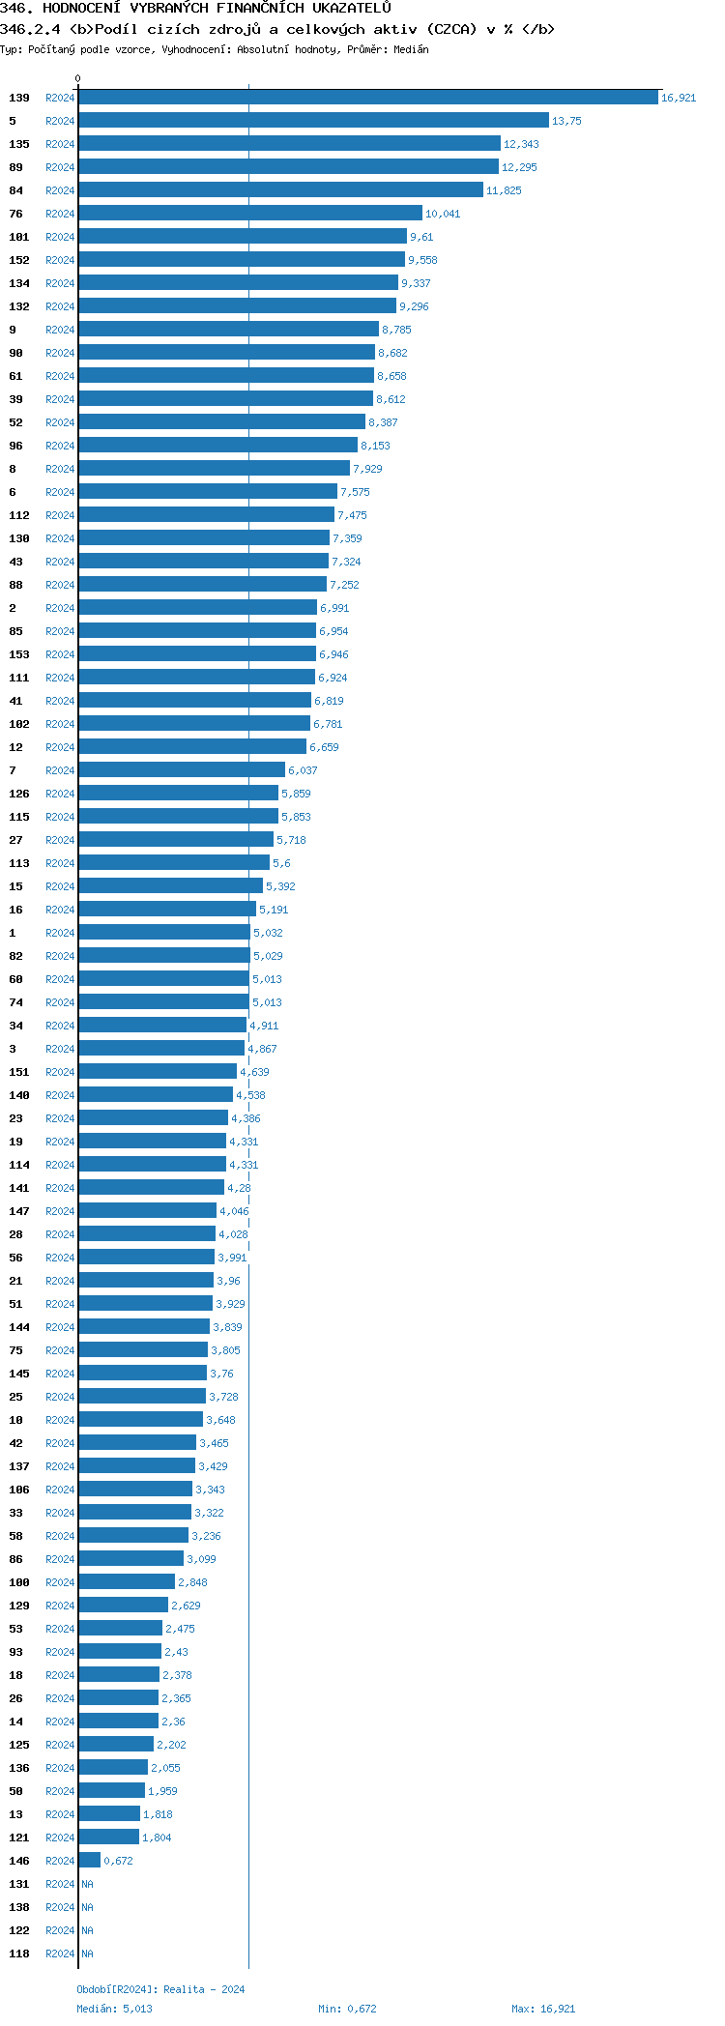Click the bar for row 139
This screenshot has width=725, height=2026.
(367, 98)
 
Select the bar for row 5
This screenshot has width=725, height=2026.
(313, 121)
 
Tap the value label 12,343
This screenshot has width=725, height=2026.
(521, 144)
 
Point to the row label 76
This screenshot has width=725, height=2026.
(15, 214)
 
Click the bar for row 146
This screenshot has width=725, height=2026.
(89, 1861)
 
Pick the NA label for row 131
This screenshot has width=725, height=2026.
(87, 1884)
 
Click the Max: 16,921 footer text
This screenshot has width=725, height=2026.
(543, 2009)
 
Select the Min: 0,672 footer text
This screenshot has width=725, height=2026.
(347, 2009)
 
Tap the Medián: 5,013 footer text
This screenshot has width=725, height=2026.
(114, 2009)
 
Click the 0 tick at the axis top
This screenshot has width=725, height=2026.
(78, 78)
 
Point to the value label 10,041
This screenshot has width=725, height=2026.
(443, 214)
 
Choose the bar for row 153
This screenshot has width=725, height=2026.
(197, 654)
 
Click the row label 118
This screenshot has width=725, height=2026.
(19, 1954)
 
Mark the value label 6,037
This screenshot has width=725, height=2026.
(303, 770)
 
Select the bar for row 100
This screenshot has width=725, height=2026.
(127, 1582)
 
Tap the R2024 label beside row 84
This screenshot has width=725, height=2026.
(60, 190)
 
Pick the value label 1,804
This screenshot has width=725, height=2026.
(157, 1838)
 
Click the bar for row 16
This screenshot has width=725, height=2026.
(167, 910)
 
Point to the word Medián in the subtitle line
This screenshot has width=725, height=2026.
(411, 49)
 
